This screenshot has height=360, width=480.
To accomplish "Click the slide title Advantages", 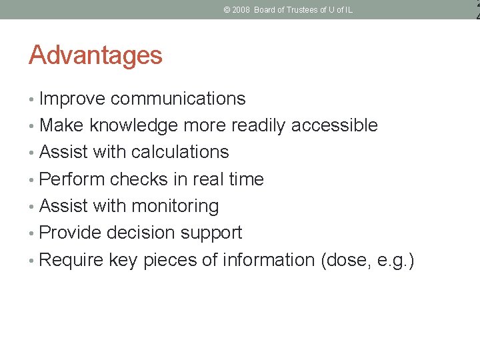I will click(95, 55).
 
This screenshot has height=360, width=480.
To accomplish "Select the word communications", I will click(178, 99).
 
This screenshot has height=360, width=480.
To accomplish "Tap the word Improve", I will click(72, 99).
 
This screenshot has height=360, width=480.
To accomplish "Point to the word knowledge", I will click(133, 126).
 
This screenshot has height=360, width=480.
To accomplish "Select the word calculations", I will click(180, 152).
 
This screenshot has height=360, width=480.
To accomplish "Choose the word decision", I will click(141, 233).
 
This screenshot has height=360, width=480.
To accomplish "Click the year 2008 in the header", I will click(240, 10).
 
